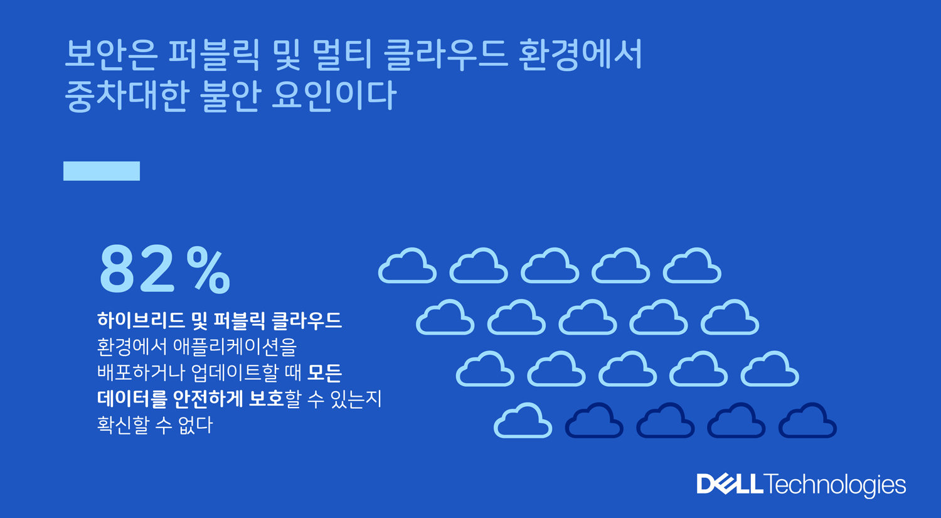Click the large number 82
tap(137, 270)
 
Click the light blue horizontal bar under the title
tap(102, 171)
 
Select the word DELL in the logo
tap(730, 484)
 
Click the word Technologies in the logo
tap(835, 485)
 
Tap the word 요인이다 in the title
tap(334, 96)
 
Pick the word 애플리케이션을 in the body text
tap(235, 347)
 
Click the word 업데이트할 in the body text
tap(235, 372)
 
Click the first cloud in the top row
tap(407, 266)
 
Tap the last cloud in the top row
tap(692, 266)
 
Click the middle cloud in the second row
tap(588, 318)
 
